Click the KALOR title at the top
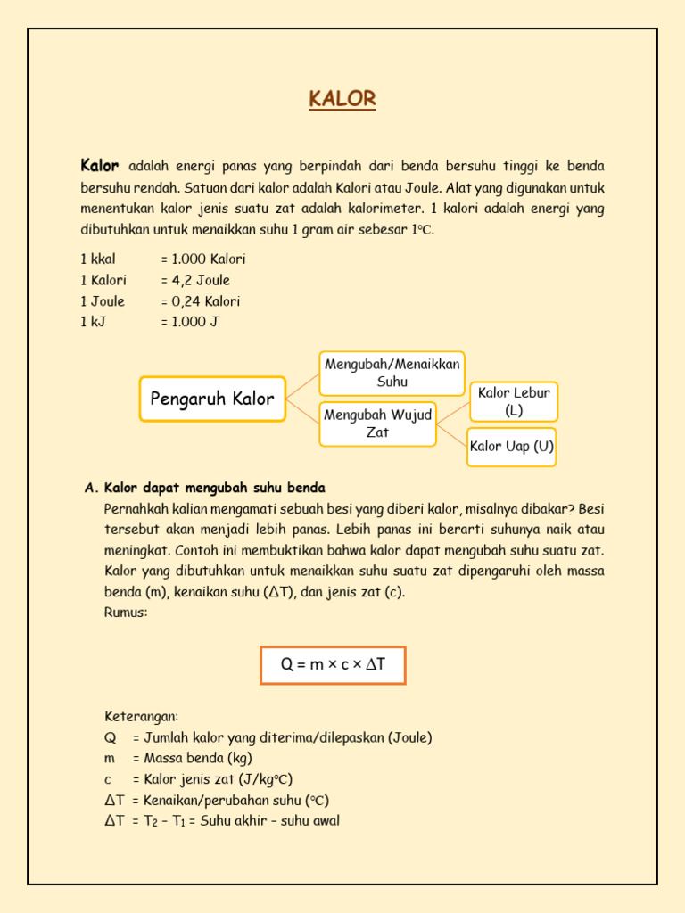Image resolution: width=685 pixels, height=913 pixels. (x=342, y=99)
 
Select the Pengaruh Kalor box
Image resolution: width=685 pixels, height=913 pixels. (x=212, y=399)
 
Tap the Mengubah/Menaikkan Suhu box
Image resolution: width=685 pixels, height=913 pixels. (x=392, y=373)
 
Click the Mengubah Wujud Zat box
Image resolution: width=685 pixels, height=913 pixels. (x=377, y=424)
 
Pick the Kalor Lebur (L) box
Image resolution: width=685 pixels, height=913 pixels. (x=514, y=401)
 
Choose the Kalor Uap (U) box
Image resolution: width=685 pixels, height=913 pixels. (x=512, y=447)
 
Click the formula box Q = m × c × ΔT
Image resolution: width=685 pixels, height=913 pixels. (x=333, y=665)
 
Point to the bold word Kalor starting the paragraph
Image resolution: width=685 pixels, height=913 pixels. (x=99, y=166)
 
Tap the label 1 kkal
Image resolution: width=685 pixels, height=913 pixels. (x=98, y=259)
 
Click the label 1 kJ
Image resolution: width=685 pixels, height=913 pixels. (x=93, y=322)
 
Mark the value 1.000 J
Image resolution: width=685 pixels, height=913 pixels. (x=189, y=322)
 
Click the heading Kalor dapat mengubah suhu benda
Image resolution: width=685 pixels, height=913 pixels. (x=215, y=488)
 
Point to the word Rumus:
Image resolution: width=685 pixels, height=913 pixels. (x=126, y=613)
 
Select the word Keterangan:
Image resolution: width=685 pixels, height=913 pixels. (x=142, y=717)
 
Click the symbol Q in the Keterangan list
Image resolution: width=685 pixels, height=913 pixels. (x=111, y=737)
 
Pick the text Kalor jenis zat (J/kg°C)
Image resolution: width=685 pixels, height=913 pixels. (x=212, y=779)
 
